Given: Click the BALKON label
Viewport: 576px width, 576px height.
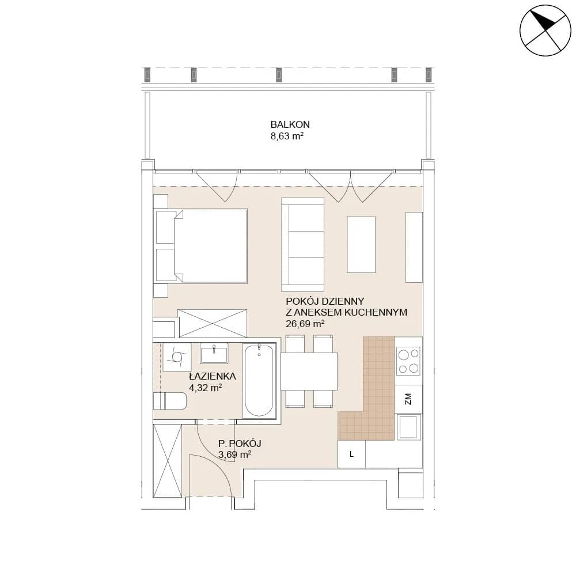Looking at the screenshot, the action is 290,124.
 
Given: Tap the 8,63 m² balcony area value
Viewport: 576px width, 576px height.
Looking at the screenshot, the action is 287,137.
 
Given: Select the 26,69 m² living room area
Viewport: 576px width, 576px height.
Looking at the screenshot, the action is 305,324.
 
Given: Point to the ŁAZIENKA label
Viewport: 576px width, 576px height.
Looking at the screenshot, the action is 213,376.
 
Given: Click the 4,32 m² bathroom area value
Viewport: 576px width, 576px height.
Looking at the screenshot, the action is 205,388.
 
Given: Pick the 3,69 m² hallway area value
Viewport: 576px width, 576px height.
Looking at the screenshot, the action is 235,455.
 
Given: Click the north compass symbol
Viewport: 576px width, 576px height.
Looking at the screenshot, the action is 545,31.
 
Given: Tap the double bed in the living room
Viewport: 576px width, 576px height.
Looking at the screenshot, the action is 201,246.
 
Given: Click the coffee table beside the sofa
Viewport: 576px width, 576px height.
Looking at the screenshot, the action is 361,245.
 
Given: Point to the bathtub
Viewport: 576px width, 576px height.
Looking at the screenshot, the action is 259,381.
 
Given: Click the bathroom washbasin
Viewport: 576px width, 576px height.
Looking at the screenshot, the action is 214,353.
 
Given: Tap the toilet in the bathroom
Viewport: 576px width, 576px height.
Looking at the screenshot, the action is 170,401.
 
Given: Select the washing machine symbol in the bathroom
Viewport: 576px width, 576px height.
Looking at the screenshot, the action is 177,357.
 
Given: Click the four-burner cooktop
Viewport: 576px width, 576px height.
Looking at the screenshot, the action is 409,361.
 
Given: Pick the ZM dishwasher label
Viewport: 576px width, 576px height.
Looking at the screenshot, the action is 408,399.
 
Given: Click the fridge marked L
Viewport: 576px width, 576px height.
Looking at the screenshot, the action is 351,454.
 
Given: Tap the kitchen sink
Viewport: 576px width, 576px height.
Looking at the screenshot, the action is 408,426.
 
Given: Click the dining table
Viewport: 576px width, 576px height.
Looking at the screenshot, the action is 309,372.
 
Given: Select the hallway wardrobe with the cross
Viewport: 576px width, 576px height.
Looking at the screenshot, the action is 168,460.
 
